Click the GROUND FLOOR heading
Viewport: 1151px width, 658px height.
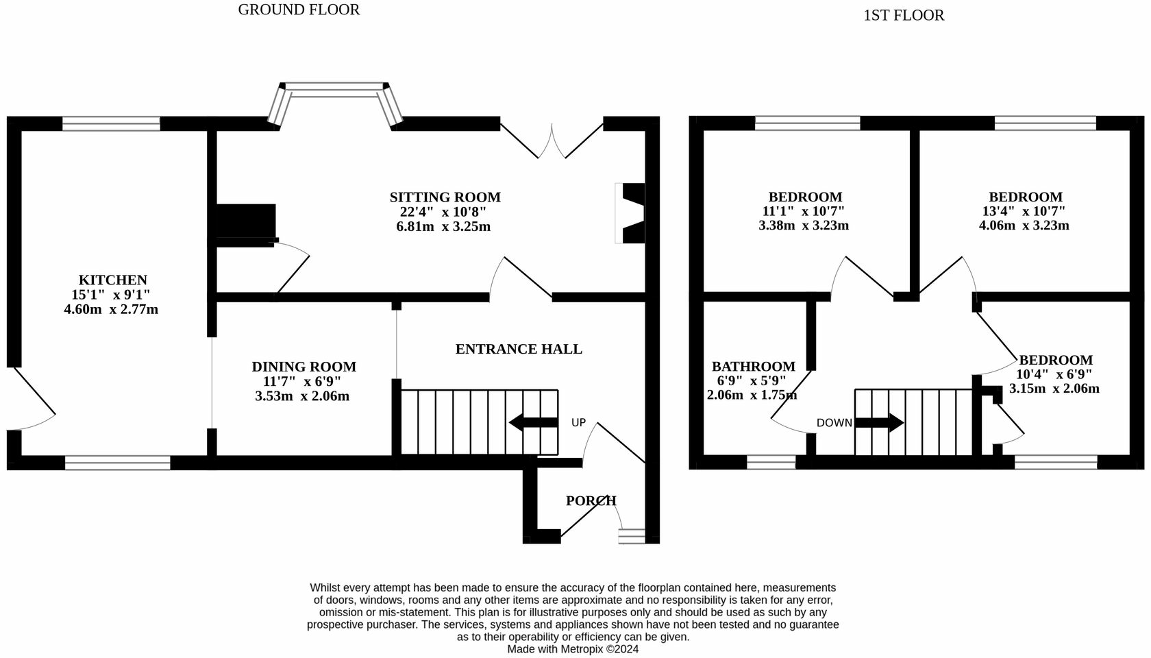[x=299, y=10]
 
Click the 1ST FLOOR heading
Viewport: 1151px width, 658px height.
[x=903, y=15]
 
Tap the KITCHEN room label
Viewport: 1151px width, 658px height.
[x=113, y=280]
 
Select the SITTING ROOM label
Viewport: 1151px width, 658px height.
[x=445, y=197]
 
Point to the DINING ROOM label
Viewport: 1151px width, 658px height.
[x=304, y=367]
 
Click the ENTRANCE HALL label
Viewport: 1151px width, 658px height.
[x=519, y=349]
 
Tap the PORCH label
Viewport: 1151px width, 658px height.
[x=591, y=500]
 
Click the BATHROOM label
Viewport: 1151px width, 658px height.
[x=753, y=367]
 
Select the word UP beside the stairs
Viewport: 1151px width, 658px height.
[x=578, y=422]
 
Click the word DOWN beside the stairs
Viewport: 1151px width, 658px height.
[x=834, y=423]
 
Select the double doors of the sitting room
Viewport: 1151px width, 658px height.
[x=552, y=141]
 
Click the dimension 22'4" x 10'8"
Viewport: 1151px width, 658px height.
[x=443, y=212]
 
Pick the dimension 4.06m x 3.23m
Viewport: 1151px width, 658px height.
[x=1024, y=226]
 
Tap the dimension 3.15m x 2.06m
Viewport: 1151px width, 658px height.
[x=1054, y=389]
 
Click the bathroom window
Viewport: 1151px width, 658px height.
[x=771, y=463]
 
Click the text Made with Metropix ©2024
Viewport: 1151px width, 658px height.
[x=573, y=648]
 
